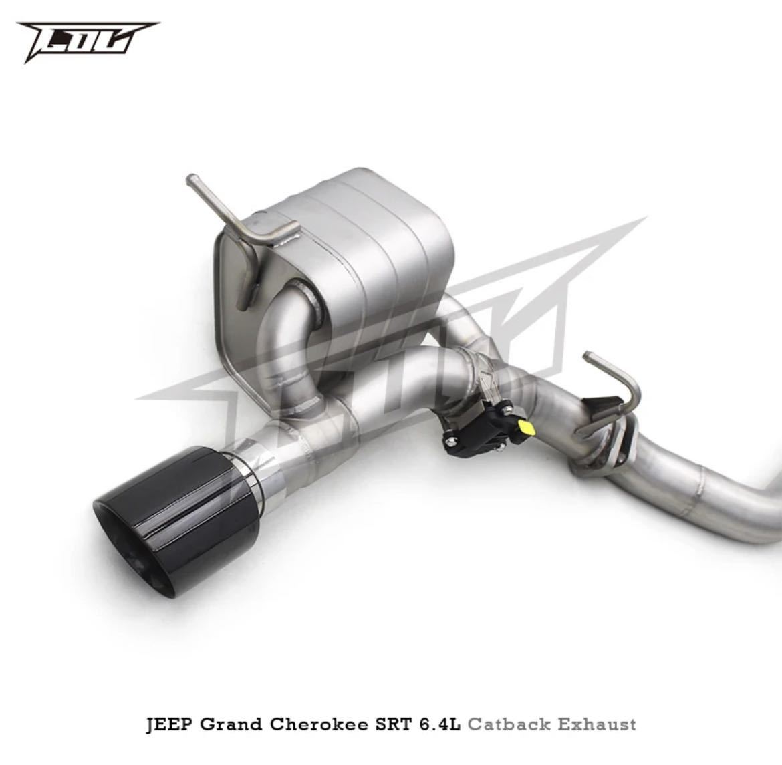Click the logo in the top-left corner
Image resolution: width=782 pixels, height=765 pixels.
tap(88, 41)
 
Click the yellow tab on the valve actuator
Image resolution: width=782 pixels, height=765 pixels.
tap(526, 427)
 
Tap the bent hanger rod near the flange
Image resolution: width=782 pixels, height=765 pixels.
tap(611, 394)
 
